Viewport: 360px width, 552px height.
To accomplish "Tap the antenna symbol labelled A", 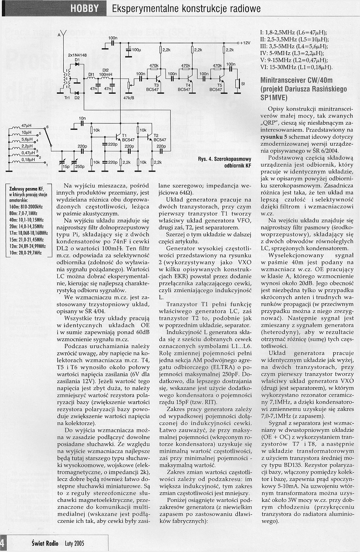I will click(63, 35).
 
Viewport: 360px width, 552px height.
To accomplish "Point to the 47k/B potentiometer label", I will click(129, 98).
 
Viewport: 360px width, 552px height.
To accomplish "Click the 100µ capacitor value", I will click(136, 49).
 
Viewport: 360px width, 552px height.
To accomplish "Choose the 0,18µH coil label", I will click(28, 160).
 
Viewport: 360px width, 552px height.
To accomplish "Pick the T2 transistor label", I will click(156, 136).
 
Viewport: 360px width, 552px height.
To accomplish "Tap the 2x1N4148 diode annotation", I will click(77, 55).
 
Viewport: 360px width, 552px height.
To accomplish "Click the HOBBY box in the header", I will click(84, 9).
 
